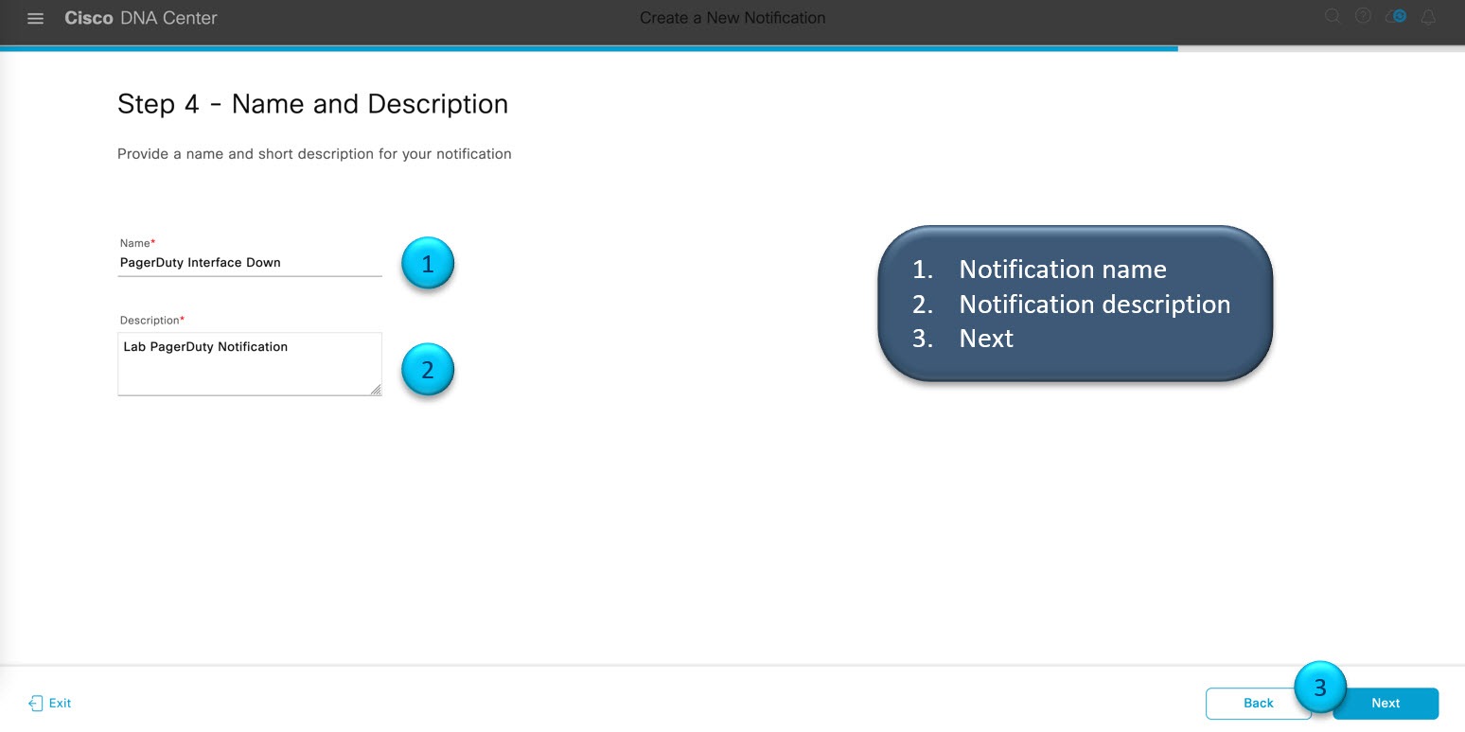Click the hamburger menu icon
[35, 18]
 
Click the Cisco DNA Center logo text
[141, 18]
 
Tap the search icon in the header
[1333, 16]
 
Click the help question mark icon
[1363, 16]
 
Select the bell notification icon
[1428, 17]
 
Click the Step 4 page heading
[312, 104]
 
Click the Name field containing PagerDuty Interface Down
[249, 263]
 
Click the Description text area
[249, 364]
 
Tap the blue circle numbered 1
[428, 264]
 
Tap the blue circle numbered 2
[428, 370]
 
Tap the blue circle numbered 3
[1320, 687]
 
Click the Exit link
[50, 704]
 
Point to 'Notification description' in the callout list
[1094, 304]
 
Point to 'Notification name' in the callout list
[1062, 270]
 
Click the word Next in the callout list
[985, 339]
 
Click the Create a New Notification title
[732, 18]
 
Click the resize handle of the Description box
[376, 390]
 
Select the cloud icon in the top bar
[1396, 16]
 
